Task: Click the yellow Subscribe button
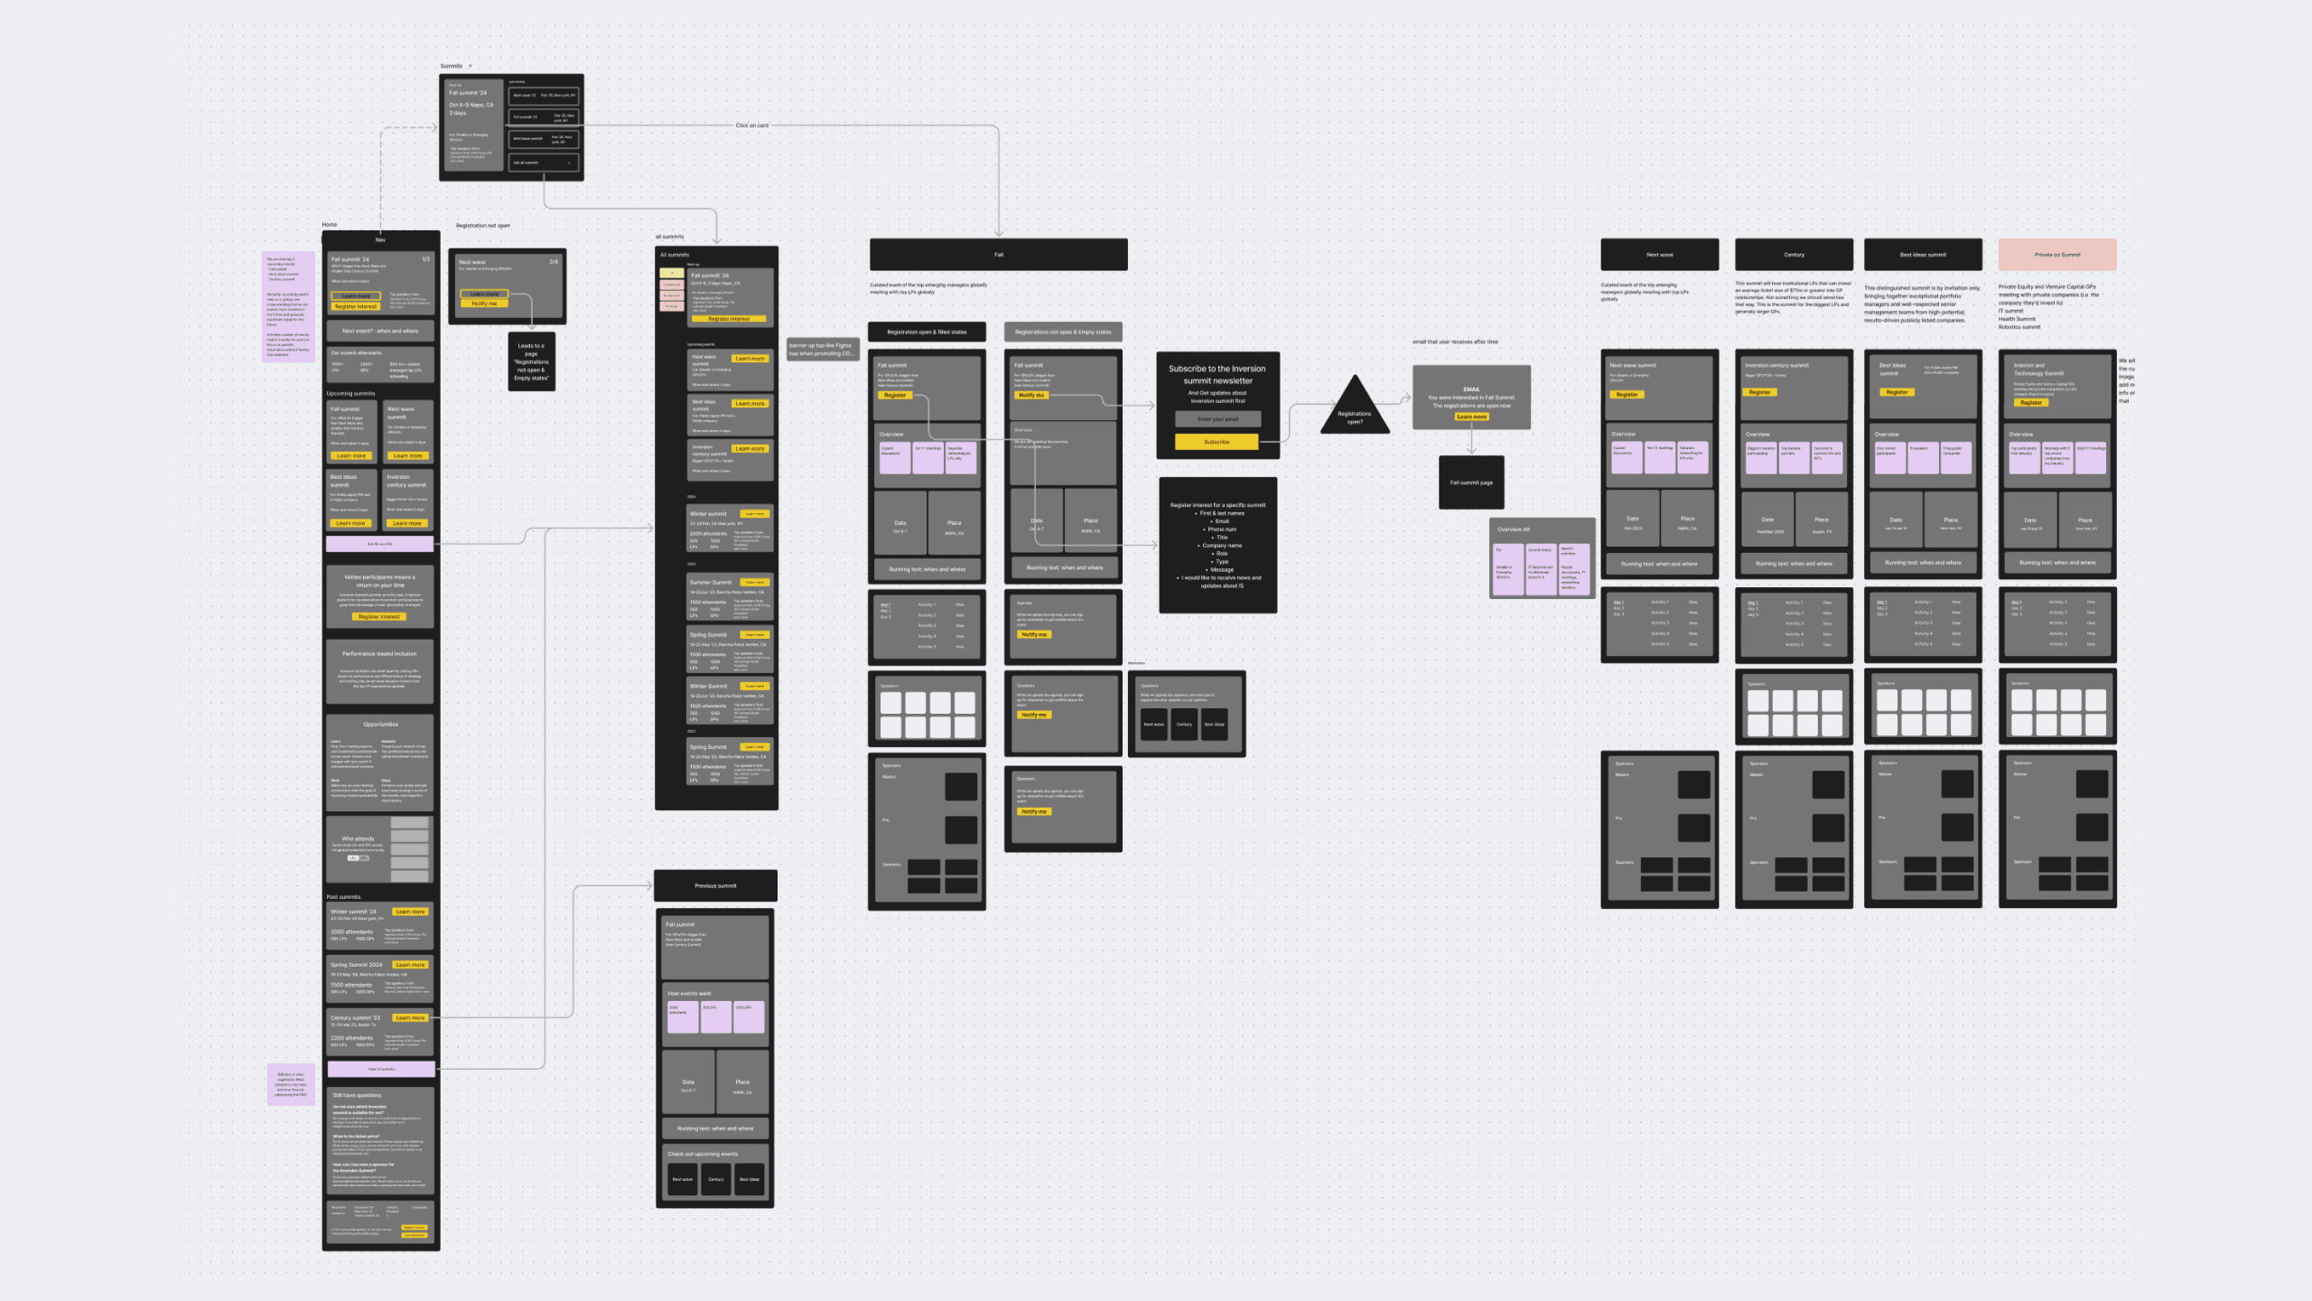1217,442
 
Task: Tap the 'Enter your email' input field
1217,419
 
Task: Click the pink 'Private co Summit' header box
2056,255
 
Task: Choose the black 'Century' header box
1794,255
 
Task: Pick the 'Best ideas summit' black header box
1923,255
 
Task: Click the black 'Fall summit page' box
1471,482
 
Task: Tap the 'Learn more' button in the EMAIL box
1471,417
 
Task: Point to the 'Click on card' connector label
751,126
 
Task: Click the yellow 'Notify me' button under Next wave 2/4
484,304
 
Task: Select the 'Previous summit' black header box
715,885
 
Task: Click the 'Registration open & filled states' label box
926,332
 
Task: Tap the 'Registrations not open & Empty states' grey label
1063,332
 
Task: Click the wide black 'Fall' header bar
998,255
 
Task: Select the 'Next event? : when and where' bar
380,331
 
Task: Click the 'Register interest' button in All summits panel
728,319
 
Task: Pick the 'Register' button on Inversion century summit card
1759,392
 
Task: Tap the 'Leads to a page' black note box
531,361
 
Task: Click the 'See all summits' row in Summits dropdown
542,163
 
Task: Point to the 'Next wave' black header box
1659,255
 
